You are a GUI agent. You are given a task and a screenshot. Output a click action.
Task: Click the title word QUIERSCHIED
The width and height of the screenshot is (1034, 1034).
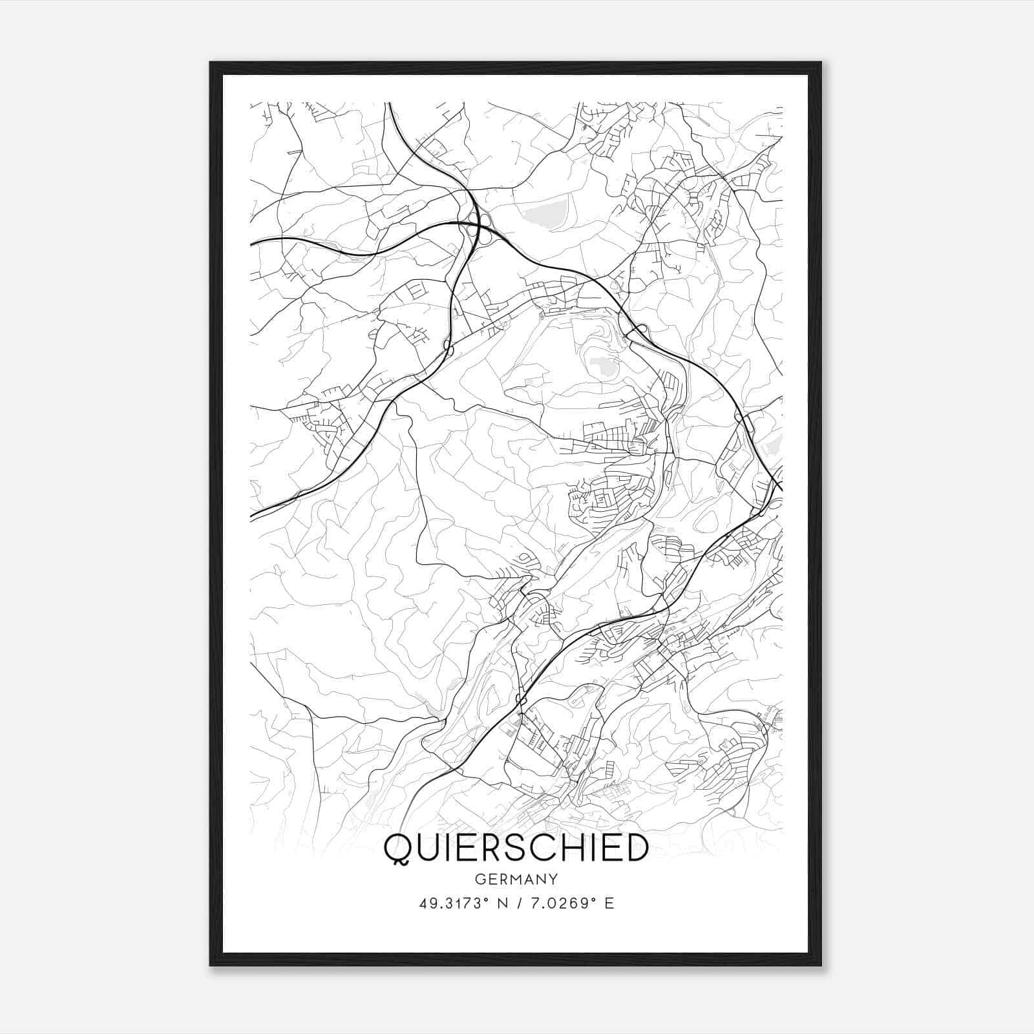516,848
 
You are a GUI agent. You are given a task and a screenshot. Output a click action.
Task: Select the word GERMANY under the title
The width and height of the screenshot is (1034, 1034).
516,880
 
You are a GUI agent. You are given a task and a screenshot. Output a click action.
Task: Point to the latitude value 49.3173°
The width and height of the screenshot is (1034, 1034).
450,903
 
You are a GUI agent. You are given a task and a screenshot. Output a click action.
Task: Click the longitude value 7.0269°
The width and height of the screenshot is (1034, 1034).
560,903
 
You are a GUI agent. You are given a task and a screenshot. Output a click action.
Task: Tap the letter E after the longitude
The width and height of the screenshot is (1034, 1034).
609,903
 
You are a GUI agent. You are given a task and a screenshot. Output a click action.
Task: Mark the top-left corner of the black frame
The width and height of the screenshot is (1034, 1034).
211,63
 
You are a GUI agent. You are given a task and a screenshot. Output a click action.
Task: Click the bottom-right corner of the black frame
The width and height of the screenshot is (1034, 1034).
821,964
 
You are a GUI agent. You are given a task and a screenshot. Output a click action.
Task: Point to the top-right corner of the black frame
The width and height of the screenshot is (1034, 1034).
821,63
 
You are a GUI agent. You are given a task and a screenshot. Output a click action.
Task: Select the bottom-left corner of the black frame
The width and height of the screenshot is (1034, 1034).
211,964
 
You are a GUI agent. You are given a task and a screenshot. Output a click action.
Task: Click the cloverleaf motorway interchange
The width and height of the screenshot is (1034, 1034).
479,224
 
